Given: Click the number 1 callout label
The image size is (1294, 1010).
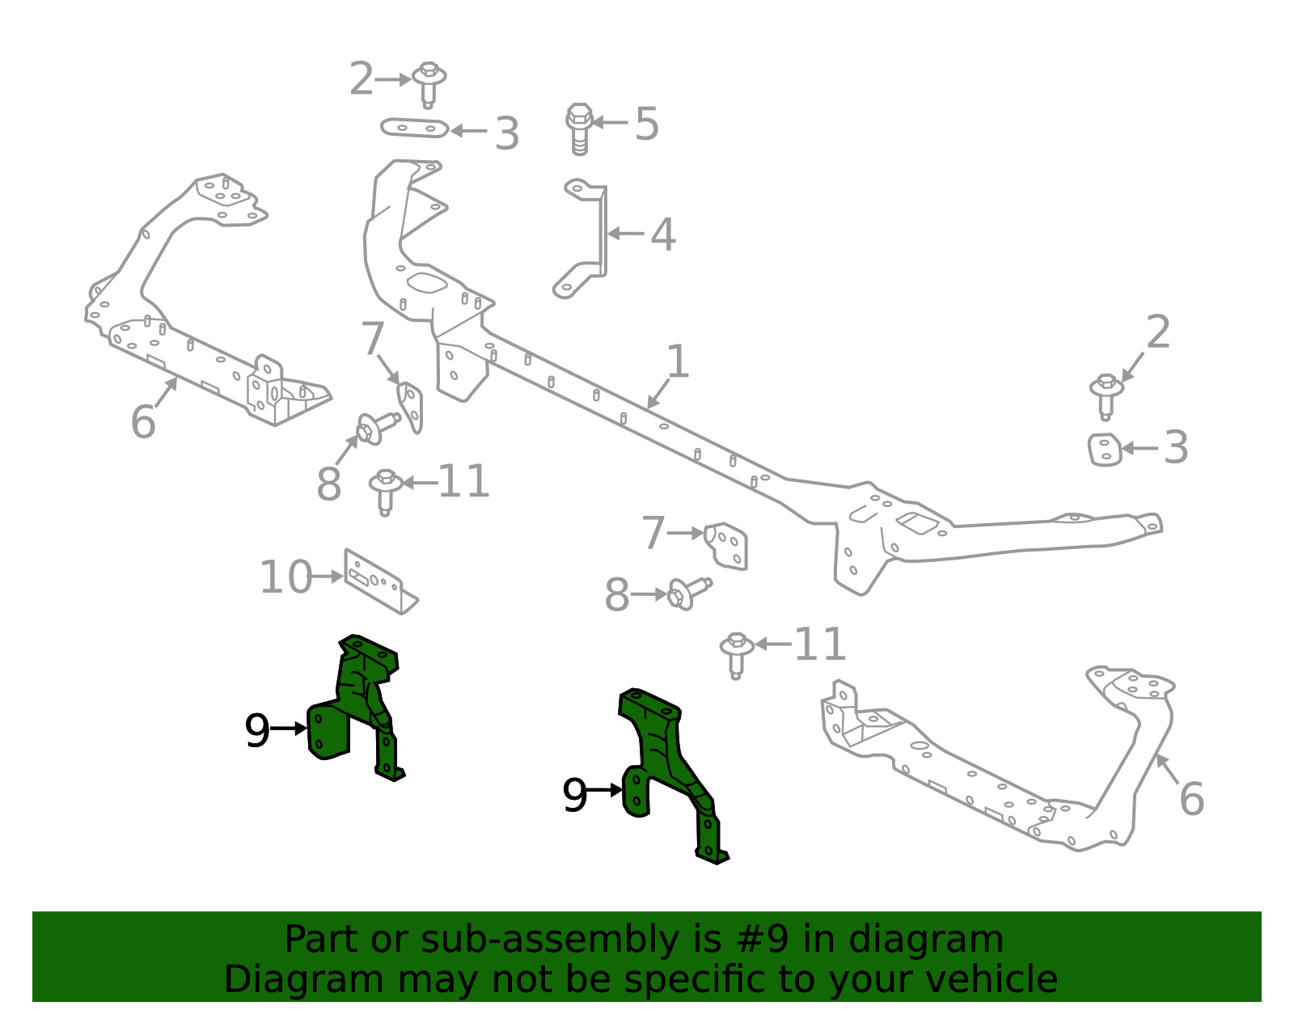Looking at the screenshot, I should pos(678,361).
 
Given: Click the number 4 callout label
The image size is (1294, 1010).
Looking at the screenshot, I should pos(662,235).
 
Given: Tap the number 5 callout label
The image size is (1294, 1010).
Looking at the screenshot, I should pos(646,124).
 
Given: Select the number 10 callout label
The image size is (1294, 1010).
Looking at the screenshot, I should pos(285,577).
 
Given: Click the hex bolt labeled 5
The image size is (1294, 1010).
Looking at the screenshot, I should pos(579,128).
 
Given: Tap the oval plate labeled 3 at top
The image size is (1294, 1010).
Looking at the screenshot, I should pos(415,128).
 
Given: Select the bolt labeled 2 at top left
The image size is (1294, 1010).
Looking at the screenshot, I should pos(429,82).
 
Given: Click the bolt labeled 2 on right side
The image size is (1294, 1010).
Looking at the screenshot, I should pos(1106,395).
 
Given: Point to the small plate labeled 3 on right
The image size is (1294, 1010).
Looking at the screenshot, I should pos(1104,450).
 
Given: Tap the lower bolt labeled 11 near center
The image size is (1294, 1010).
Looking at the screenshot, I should pos(736,653).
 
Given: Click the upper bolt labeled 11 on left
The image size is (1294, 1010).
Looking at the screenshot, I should pos(386,489).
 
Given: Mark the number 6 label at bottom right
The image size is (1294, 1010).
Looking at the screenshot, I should pos(1191,798).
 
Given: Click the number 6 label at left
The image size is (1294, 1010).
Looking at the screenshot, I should pos(142,421).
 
